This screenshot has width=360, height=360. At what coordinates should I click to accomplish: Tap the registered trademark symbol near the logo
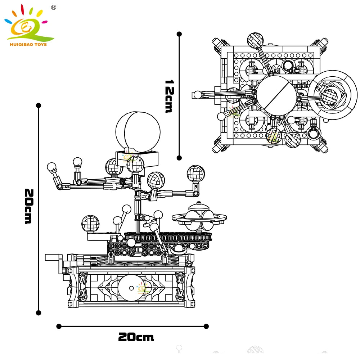(x=54, y=7)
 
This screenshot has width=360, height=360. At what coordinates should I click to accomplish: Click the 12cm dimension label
(x=168, y=96)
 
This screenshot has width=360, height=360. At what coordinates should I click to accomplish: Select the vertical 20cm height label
(x=28, y=206)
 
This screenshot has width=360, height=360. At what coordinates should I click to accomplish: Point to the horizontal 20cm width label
(x=136, y=337)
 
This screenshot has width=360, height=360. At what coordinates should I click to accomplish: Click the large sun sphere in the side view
(x=138, y=131)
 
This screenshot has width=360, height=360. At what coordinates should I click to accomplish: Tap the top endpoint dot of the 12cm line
(x=179, y=34)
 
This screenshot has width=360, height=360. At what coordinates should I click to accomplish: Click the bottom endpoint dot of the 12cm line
(x=179, y=157)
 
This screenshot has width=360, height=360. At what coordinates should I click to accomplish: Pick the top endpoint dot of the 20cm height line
(x=39, y=105)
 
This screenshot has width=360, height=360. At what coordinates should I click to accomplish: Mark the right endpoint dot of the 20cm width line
(x=206, y=326)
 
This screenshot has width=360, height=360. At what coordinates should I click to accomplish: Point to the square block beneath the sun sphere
(x=136, y=157)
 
